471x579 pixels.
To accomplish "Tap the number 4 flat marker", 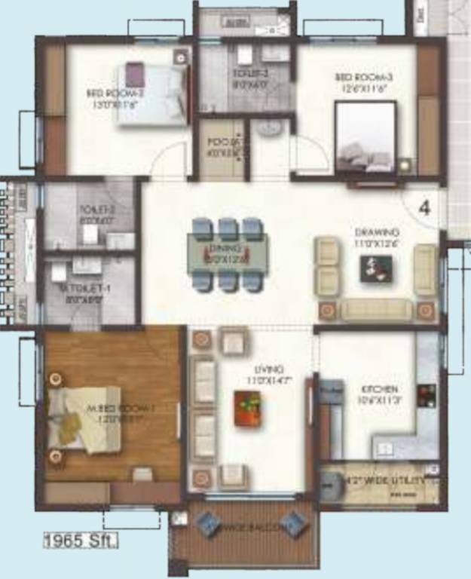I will pyautogui.click(x=424, y=209).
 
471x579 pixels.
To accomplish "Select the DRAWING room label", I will pyautogui.click(x=377, y=233).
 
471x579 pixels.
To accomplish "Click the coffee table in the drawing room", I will pyautogui.click(x=375, y=268).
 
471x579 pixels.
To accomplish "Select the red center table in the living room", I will pyautogui.click(x=247, y=408).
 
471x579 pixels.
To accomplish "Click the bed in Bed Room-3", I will pyautogui.click(x=365, y=139).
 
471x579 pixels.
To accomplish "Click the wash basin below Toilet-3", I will pyautogui.click(x=268, y=128).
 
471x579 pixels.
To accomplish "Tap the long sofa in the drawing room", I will pyautogui.click(x=376, y=309).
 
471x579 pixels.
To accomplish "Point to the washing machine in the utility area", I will pyautogui.click(x=331, y=484).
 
